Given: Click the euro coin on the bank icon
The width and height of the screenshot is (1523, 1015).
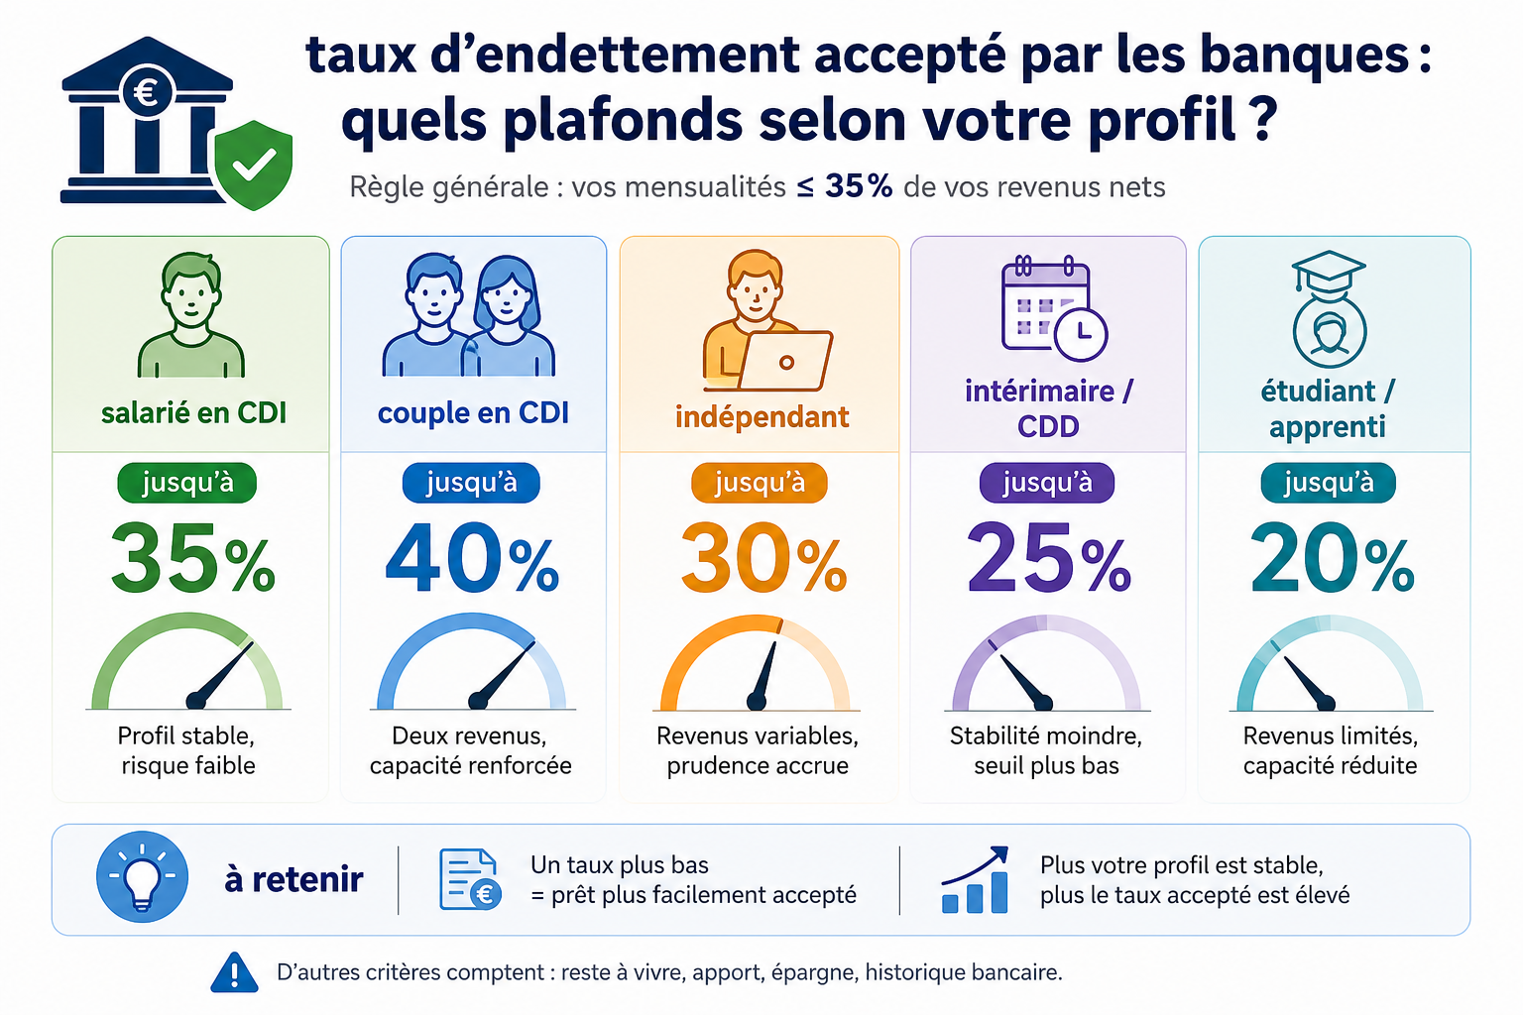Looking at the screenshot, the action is click(147, 92).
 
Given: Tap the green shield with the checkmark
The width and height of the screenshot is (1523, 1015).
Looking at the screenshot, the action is click(254, 166).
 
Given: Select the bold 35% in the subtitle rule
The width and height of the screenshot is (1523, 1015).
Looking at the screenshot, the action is click(859, 185).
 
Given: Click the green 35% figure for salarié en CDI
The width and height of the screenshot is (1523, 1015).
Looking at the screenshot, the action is click(193, 559).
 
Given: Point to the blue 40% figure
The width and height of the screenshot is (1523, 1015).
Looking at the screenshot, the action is click(473, 559).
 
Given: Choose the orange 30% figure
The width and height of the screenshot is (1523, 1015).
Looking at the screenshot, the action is click(763, 559).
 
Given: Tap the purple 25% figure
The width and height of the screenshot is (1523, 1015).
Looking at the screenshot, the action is click(1049, 559).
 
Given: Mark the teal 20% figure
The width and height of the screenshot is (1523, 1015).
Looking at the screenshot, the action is click(1333, 559).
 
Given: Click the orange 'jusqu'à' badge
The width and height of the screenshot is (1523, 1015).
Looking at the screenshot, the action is click(760, 483).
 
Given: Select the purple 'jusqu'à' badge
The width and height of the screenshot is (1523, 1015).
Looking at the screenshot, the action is click(1047, 483).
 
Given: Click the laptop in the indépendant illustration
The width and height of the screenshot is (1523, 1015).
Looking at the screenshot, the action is click(785, 361).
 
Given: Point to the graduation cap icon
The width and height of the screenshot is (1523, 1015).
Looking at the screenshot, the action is click(1329, 272).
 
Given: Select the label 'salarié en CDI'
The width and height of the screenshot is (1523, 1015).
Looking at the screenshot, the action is click(193, 413).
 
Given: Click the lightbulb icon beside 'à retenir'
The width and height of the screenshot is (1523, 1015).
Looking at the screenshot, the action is click(142, 877).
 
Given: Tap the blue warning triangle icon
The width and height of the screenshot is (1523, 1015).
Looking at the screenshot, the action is click(235, 972).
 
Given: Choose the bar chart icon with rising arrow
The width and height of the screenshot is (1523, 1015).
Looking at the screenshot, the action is click(975, 880).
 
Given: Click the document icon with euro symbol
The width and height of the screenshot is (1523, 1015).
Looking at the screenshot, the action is click(471, 879).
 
